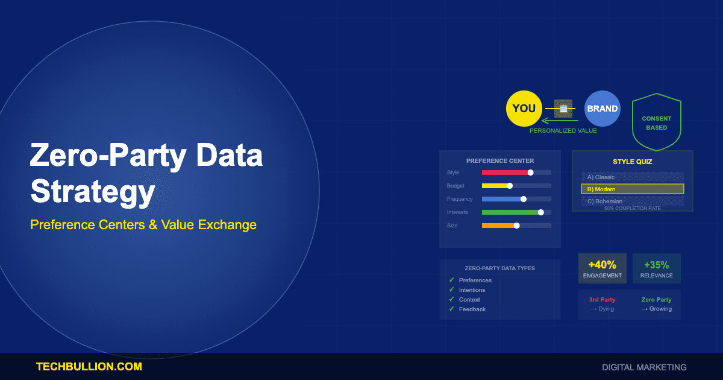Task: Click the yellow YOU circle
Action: [x=524, y=109]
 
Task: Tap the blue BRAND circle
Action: [x=602, y=109]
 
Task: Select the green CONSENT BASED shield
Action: [x=656, y=123]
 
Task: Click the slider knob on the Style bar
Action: [x=530, y=173]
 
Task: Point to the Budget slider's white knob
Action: [x=510, y=186]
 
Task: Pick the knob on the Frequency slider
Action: [x=523, y=199]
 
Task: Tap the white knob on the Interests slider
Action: [x=540, y=212]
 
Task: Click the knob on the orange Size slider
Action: [x=516, y=226]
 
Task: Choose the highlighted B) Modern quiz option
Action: [x=633, y=189]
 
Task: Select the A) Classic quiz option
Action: [x=633, y=177]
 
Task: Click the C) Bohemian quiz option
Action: [x=633, y=201]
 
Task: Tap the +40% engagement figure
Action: [x=602, y=265]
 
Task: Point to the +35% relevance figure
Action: [x=657, y=265]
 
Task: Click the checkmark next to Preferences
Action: [x=451, y=280]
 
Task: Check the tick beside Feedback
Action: [x=451, y=309]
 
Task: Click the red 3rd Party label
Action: [x=602, y=299]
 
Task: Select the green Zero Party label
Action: [x=657, y=299]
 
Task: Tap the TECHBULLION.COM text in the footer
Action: [x=89, y=367]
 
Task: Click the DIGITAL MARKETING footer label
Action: [x=644, y=367]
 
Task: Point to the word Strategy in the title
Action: [x=92, y=192]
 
